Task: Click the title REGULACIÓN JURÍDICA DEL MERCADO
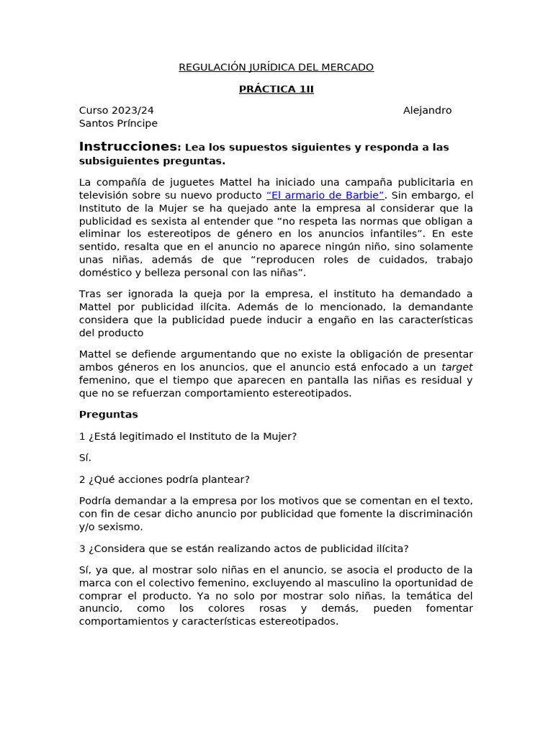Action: (x=276, y=68)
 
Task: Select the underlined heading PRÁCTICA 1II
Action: (x=276, y=89)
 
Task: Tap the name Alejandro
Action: (x=427, y=111)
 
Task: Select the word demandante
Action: (x=440, y=307)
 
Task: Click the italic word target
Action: (x=457, y=367)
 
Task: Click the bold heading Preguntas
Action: (x=108, y=415)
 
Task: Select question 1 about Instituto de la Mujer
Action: (x=187, y=436)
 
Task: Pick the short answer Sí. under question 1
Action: (x=85, y=458)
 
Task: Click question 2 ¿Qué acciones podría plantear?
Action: (x=164, y=479)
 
